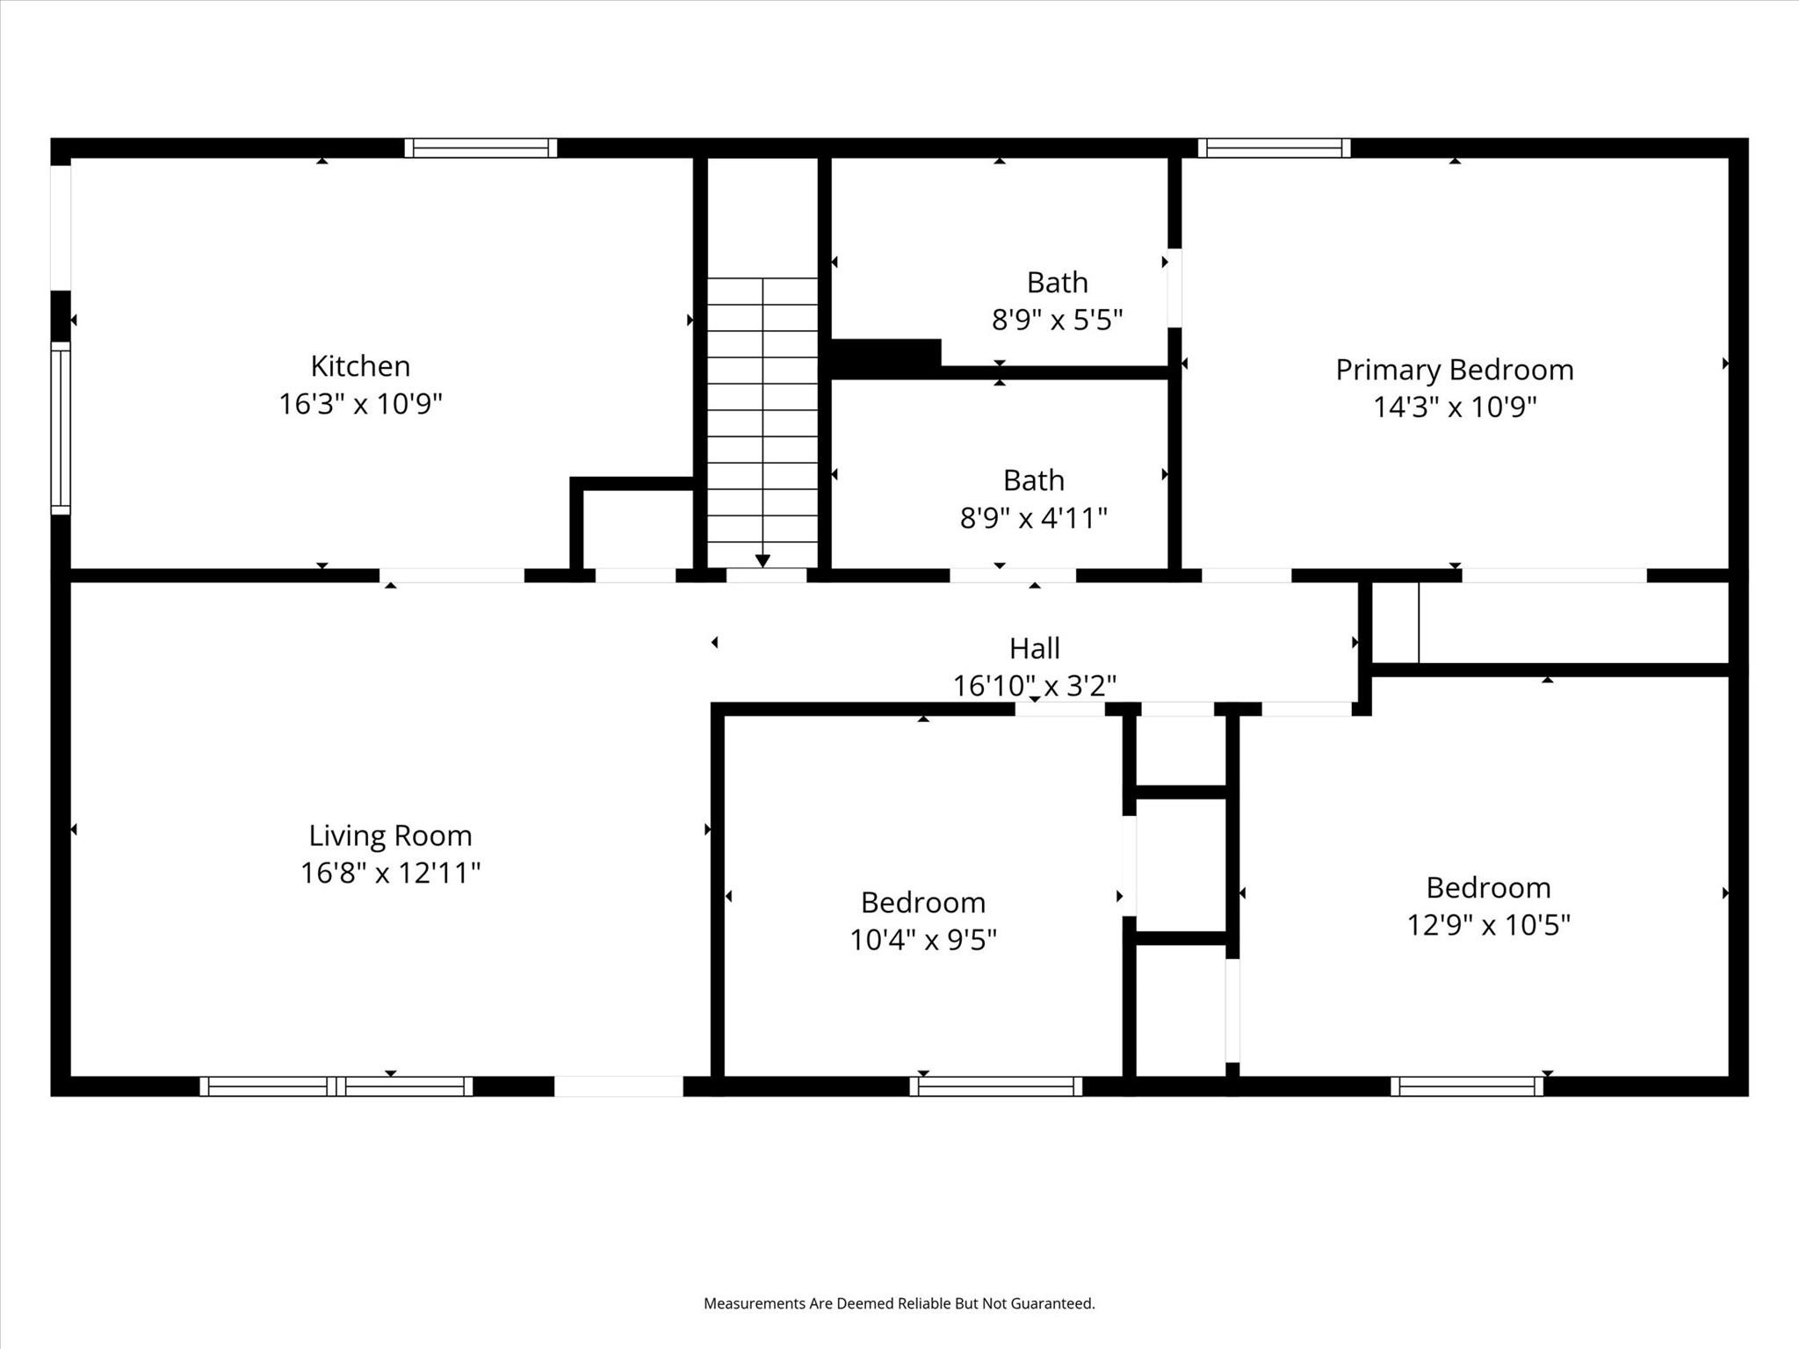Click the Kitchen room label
tap(360, 365)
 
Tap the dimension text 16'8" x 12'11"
tap(390, 873)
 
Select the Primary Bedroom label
tap(1454, 370)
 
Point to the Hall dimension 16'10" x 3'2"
tap(1034, 685)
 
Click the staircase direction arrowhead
tap(762, 560)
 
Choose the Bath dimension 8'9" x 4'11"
tap(1033, 518)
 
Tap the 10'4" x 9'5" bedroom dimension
tap(922, 940)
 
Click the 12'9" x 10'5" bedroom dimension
tap(1488, 925)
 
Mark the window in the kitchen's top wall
tap(480, 148)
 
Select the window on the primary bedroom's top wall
tap(1274, 148)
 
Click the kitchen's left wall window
tap(60, 428)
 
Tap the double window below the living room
tap(336, 1086)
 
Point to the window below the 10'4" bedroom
tap(995, 1086)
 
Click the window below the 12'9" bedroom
tap(1467, 1086)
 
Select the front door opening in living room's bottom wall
tap(618, 1086)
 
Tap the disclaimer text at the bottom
tap(899, 1303)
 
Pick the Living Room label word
tap(390, 834)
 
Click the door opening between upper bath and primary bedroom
tap(1174, 288)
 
